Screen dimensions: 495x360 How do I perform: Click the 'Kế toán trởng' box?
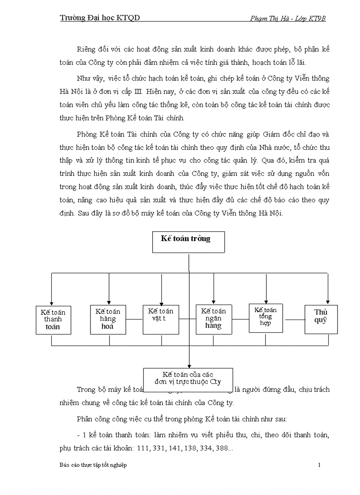(188, 242)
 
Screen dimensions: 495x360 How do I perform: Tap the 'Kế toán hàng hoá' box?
(108, 318)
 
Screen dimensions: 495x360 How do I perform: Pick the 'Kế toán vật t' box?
(161, 317)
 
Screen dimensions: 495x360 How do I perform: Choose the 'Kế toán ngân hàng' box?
(214, 318)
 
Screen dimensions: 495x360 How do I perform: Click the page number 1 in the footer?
(319, 465)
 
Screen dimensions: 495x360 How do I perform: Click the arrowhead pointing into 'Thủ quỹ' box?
(327, 302)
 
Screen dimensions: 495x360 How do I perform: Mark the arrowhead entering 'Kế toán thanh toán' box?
(52, 302)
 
